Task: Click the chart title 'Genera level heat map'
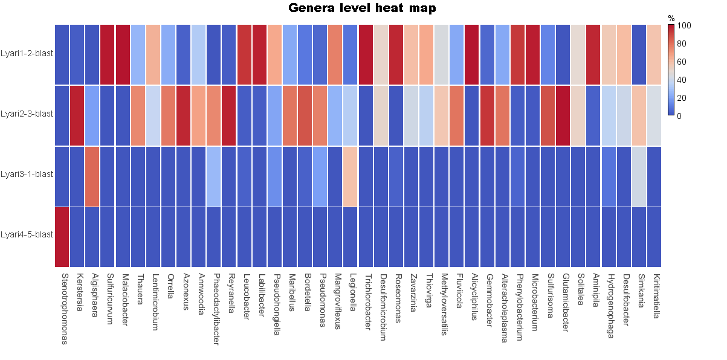point(362,8)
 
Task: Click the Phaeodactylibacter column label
point(216,308)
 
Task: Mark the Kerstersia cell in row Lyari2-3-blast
point(77,115)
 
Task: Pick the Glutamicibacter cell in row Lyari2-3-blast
point(563,115)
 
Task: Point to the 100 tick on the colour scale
point(684,26)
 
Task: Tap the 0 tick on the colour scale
point(680,115)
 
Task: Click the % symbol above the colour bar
point(671,19)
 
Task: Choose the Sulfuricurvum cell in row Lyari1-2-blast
point(108,54)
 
